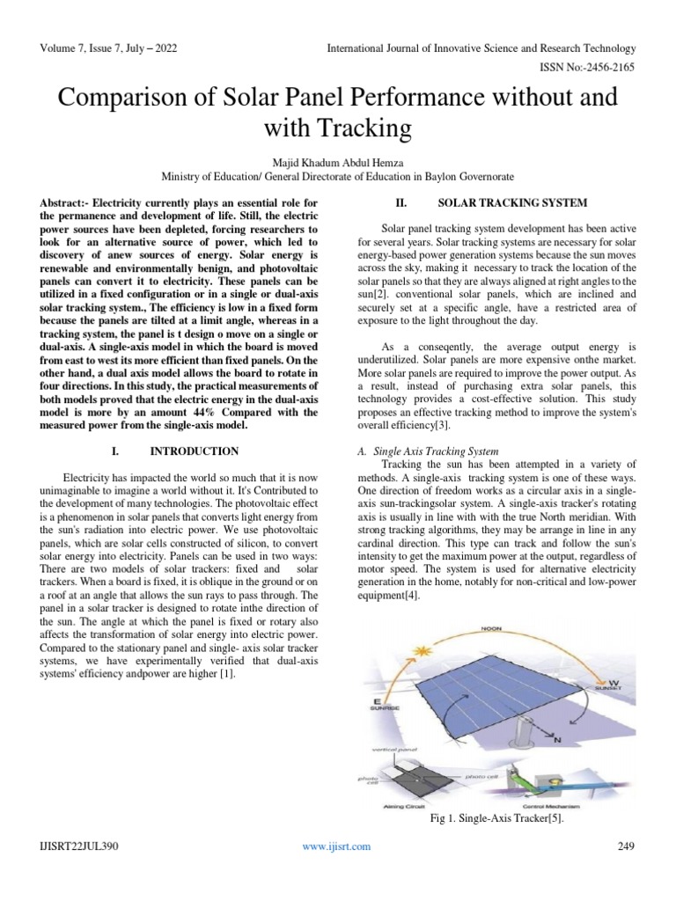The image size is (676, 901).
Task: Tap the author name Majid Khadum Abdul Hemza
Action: pos(338,162)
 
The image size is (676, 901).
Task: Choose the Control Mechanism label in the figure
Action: pos(559,805)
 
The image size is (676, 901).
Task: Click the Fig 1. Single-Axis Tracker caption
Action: pos(496,818)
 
